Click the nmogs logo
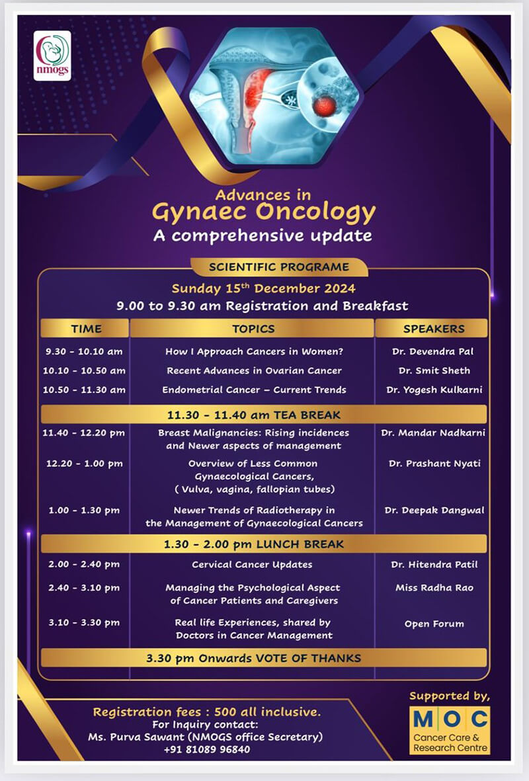pyautogui.click(x=52, y=56)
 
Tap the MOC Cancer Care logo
pyautogui.click(x=450, y=730)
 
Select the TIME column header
pyautogui.click(x=86, y=329)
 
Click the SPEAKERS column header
pyautogui.click(x=433, y=329)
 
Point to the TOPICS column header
pyautogui.click(x=253, y=329)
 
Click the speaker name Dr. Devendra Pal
pyautogui.click(x=433, y=351)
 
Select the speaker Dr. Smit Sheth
pyautogui.click(x=434, y=370)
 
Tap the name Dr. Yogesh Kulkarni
pyautogui.click(x=434, y=390)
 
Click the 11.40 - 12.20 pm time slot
pyautogui.click(x=84, y=433)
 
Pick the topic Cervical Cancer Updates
pyautogui.click(x=252, y=565)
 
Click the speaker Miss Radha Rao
pyautogui.click(x=434, y=588)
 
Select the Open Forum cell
pyautogui.click(x=434, y=624)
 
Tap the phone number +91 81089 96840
pyautogui.click(x=207, y=749)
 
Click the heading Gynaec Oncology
pyautogui.click(x=263, y=213)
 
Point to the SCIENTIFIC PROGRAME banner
pyautogui.click(x=279, y=267)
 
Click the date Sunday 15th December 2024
pyautogui.click(x=263, y=288)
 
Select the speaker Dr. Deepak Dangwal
pyautogui.click(x=434, y=511)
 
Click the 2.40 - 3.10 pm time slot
pyautogui.click(x=84, y=588)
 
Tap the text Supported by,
pyautogui.click(x=450, y=696)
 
